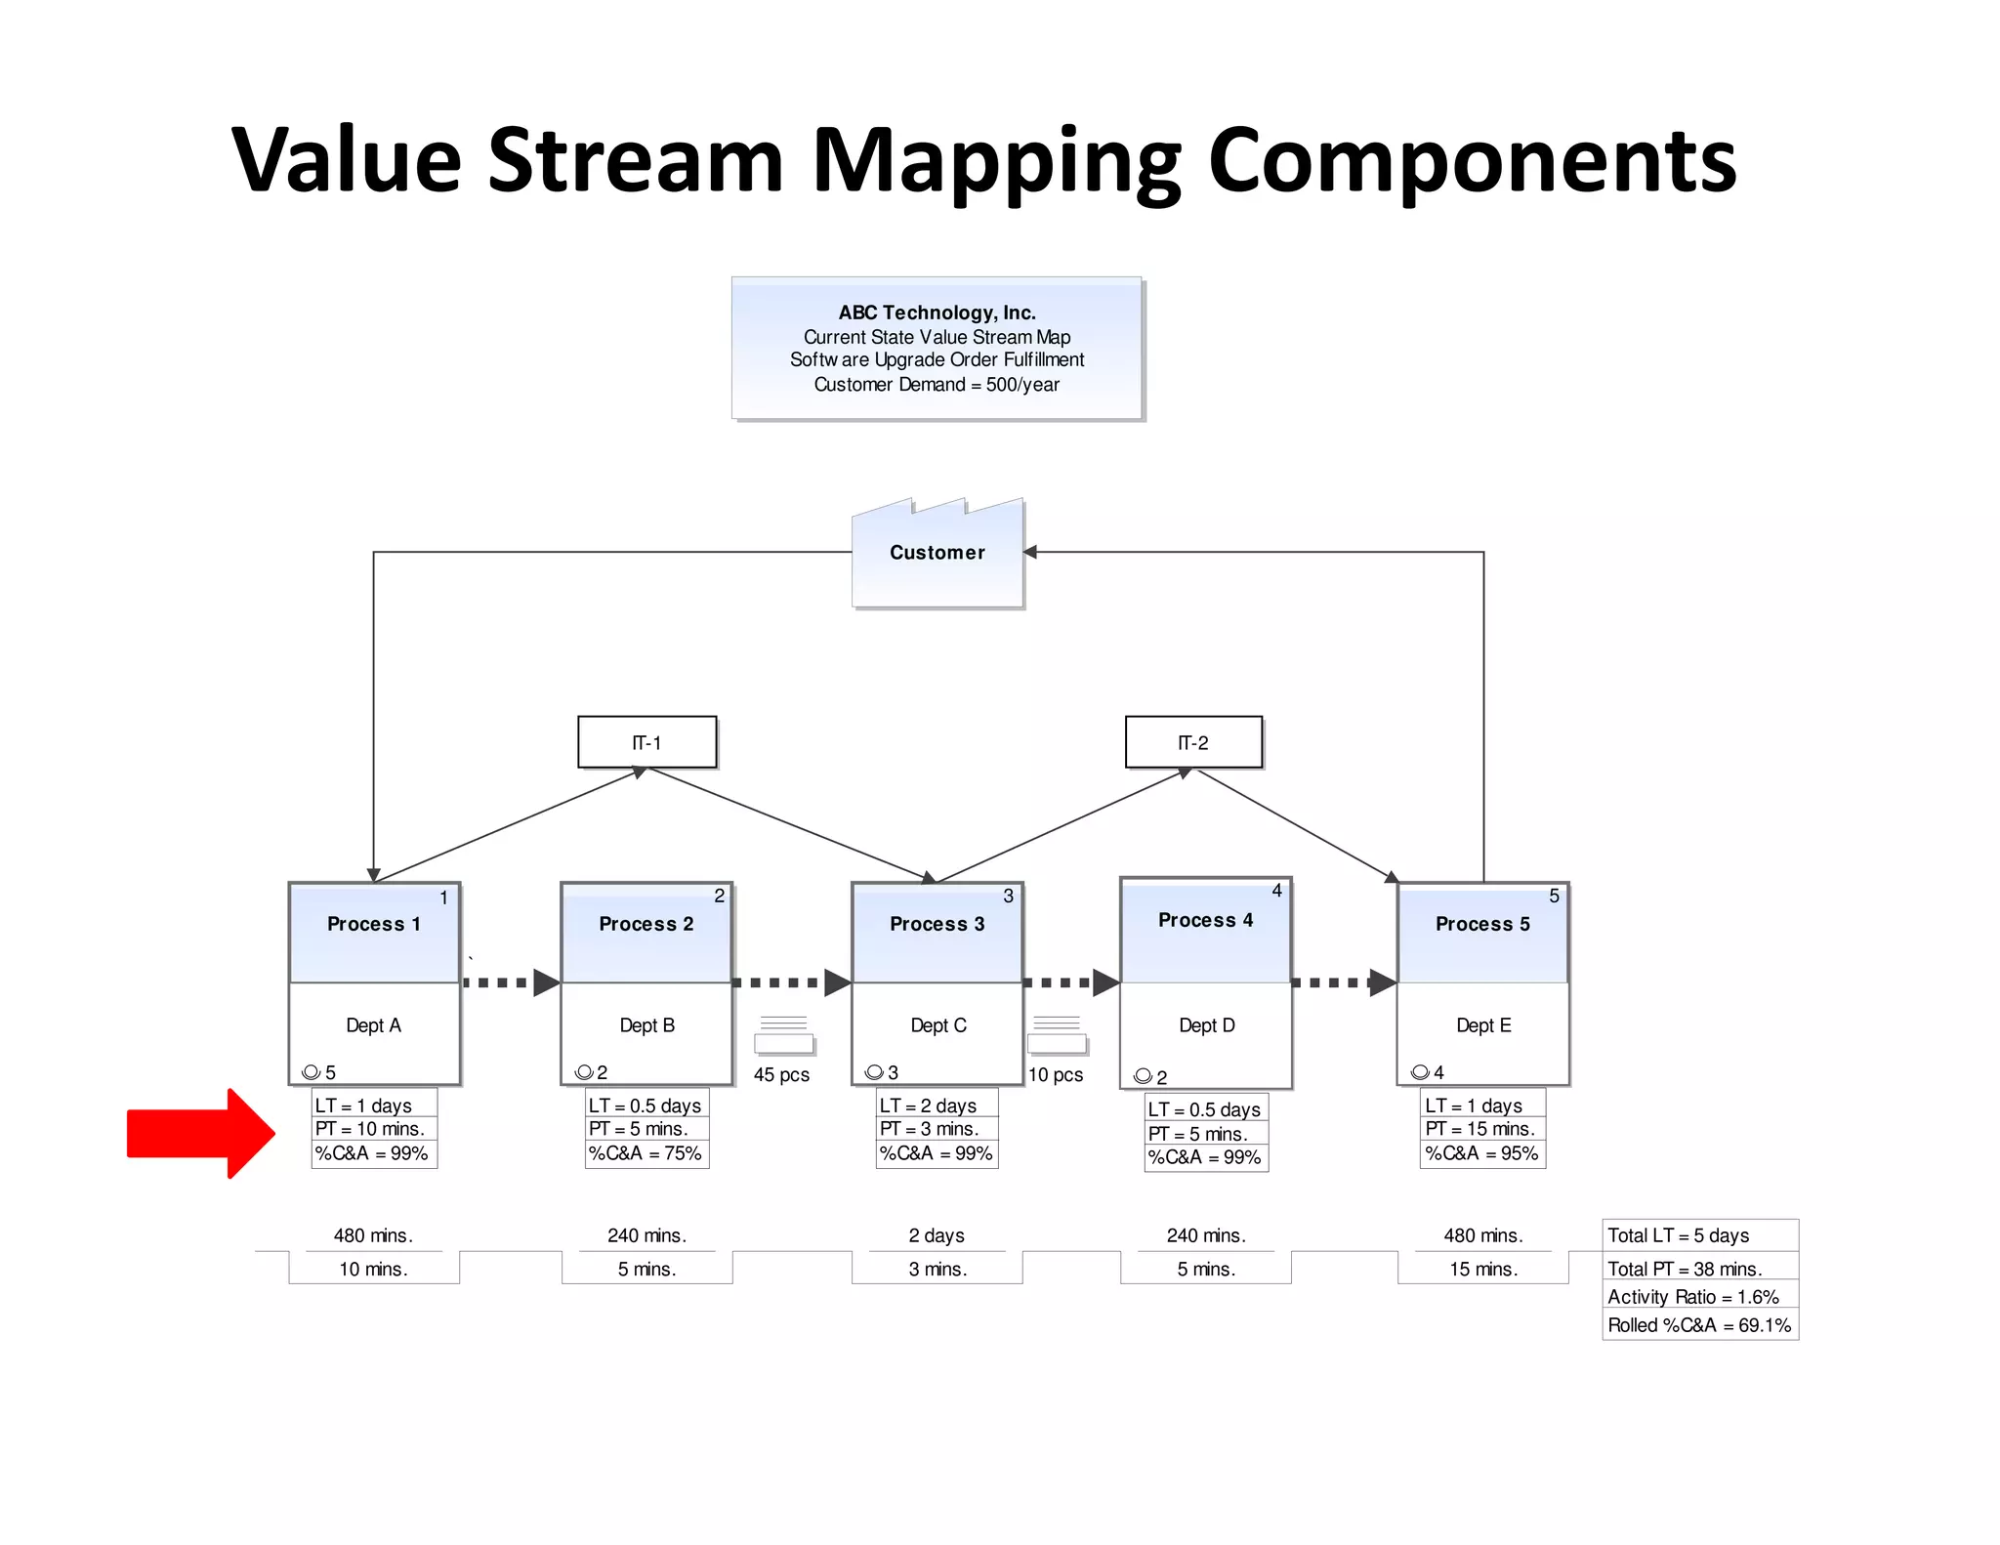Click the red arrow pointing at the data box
200,1133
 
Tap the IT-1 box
646,742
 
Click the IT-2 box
1193,742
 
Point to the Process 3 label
937,924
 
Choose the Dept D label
1206,1025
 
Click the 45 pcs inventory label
781,1074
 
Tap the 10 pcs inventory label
1056,1074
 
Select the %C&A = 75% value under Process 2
646,1153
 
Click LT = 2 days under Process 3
928,1106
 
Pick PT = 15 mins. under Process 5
1480,1129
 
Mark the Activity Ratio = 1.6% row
1693,1297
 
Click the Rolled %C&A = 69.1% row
1699,1325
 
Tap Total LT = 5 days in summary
1679,1235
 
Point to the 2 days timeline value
937,1235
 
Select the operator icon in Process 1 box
312,1072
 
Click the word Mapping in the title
996,161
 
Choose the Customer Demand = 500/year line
937,385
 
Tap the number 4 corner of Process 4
1276,891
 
